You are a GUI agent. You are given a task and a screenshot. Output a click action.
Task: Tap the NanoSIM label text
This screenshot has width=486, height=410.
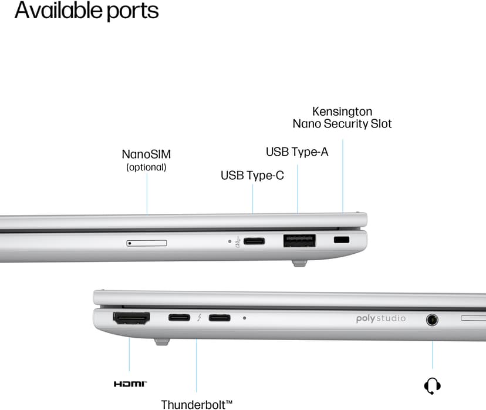point(146,154)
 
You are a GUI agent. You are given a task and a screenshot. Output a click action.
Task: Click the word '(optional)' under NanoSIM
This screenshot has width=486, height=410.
point(146,167)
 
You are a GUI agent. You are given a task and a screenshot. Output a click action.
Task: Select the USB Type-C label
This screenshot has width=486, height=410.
point(252,176)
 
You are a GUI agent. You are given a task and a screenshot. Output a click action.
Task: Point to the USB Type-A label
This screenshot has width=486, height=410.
point(297,152)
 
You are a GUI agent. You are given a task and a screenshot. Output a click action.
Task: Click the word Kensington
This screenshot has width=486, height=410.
point(342,112)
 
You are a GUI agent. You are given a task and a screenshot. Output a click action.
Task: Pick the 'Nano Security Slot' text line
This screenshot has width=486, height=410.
point(342,124)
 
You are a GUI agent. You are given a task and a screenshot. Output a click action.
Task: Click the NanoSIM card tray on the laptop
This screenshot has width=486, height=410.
point(147,243)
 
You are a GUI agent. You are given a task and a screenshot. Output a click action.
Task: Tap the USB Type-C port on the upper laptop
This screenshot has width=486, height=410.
point(254,241)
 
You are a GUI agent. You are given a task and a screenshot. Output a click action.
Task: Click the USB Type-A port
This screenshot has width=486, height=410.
point(299,241)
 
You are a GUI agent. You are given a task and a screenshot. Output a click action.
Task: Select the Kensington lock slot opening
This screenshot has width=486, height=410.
point(342,240)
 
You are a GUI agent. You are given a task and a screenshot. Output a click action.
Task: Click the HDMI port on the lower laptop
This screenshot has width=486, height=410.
point(131,318)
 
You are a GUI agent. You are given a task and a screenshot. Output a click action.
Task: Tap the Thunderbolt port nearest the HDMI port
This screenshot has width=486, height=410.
point(179,318)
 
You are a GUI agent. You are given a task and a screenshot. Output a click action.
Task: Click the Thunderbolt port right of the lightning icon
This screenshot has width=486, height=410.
point(220,318)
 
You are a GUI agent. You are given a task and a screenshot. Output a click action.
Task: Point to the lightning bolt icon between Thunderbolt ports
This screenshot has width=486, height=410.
point(200,318)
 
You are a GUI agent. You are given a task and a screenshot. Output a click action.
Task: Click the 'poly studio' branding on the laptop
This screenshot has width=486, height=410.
point(381,318)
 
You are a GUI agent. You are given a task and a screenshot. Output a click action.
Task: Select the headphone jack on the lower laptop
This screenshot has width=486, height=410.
point(432,320)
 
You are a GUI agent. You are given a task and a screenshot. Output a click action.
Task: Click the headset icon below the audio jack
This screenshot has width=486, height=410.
point(432,386)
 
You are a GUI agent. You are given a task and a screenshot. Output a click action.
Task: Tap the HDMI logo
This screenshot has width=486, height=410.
point(130,384)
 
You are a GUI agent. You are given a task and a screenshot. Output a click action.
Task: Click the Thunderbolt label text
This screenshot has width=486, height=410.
point(197,405)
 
